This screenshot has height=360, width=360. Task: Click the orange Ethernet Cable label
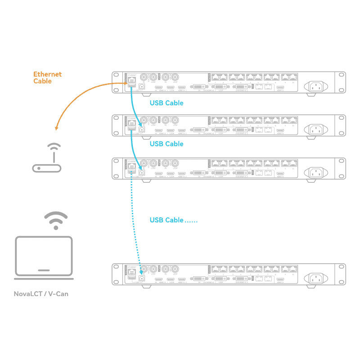(x=47, y=77)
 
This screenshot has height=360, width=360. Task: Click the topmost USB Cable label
(x=166, y=103)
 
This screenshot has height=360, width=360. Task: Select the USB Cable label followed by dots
(x=173, y=220)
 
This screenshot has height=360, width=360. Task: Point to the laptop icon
(x=44, y=256)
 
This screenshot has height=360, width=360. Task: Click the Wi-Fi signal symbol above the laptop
(x=55, y=220)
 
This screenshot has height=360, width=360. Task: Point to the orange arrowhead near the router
(x=57, y=128)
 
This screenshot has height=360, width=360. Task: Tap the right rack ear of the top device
(x=342, y=82)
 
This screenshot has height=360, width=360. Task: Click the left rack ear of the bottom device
(x=116, y=275)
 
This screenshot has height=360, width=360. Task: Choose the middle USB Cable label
(x=166, y=144)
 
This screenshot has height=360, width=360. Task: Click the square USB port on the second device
(x=142, y=128)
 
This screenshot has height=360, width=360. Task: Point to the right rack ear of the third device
(x=342, y=168)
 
